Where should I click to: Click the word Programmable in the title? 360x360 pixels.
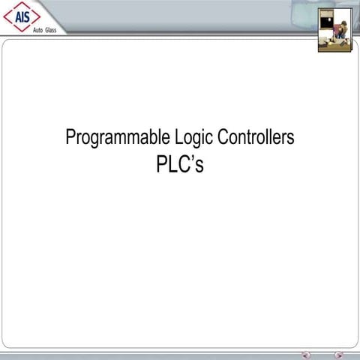110,139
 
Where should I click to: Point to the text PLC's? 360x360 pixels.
180,164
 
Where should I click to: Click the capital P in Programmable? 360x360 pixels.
70,137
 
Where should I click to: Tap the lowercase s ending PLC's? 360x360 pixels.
199,166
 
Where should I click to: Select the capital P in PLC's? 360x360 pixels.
161,164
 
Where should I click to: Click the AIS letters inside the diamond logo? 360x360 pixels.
22,16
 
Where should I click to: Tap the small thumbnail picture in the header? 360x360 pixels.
334,29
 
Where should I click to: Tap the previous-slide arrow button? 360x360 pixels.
305,355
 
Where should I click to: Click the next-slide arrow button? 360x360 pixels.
339,355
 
